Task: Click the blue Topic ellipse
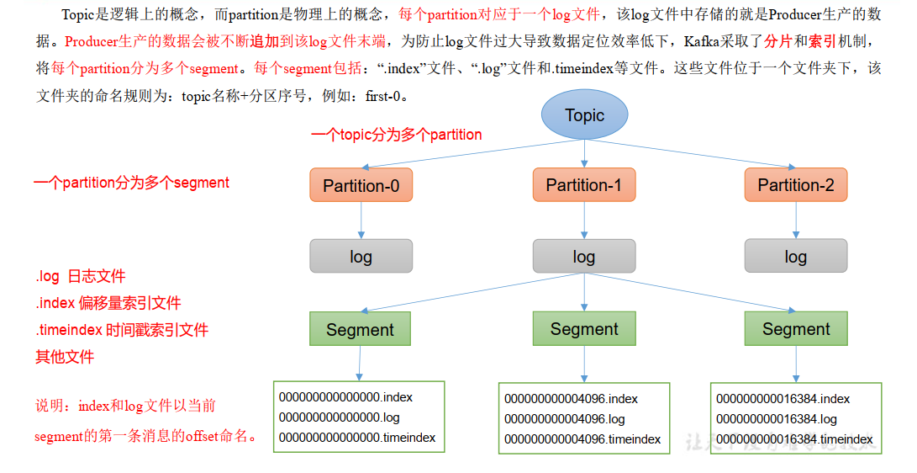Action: click(x=584, y=115)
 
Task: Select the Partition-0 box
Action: click(x=361, y=185)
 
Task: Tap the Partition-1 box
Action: click(x=584, y=185)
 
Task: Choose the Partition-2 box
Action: click(x=796, y=185)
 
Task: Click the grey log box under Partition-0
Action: click(x=361, y=257)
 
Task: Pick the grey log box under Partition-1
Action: click(x=584, y=257)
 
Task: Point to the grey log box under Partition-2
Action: click(x=796, y=257)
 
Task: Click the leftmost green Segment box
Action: click(x=360, y=329)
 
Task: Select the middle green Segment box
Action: click(x=584, y=329)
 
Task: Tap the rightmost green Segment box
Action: click(x=796, y=329)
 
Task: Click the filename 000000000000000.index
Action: click(x=345, y=397)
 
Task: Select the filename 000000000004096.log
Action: click(x=565, y=419)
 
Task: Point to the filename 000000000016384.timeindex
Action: click(x=794, y=439)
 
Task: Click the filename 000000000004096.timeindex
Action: click(x=582, y=439)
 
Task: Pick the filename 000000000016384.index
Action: click(x=783, y=399)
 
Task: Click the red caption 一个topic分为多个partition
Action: click(x=396, y=135)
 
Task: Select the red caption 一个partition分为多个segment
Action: click(x=131, y=183)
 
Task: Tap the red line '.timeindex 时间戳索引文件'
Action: click(x=122, y=330)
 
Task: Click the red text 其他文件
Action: click(x=65, y=357)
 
